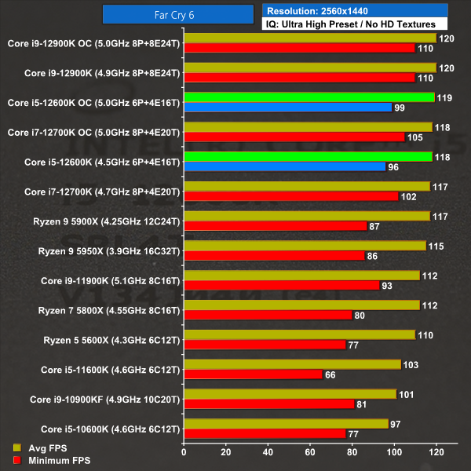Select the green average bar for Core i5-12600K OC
(309, 97)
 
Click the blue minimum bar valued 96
(284, 166)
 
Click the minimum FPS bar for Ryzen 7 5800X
(268, 315)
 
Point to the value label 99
(400, 108)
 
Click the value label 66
(330, 374)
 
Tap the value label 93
(387, 286)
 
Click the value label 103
(409, 364)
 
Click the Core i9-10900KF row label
(105, 399)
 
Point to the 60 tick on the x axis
(310, 452)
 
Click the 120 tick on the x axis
(436, 452)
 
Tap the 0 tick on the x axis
(184, 452)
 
